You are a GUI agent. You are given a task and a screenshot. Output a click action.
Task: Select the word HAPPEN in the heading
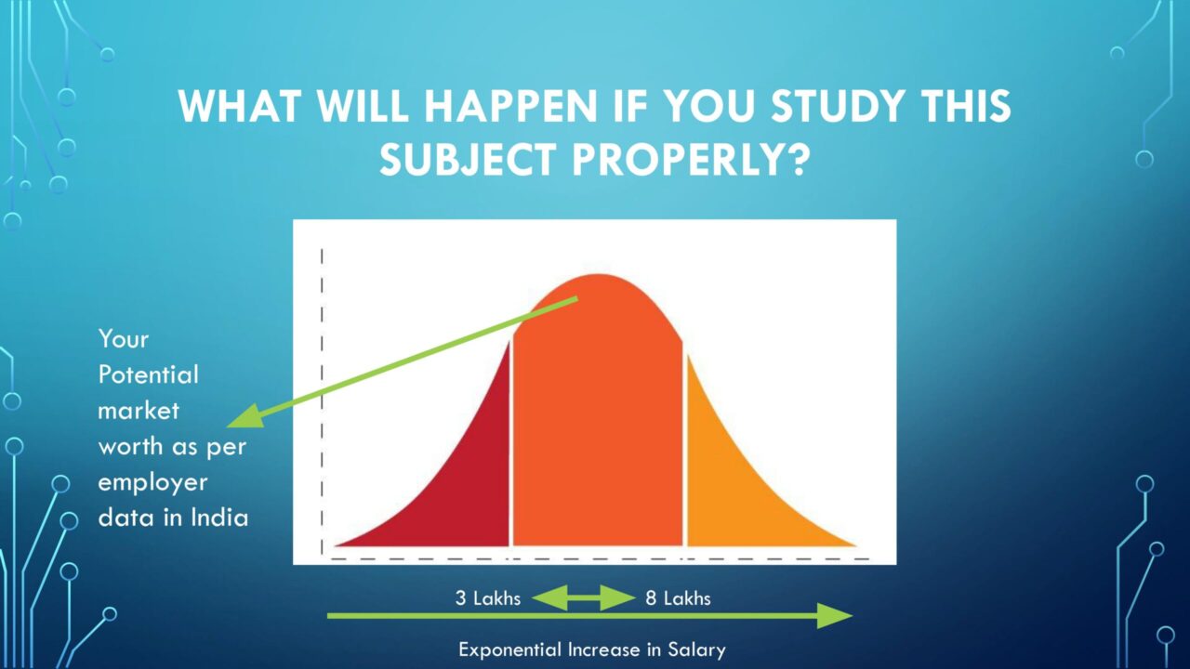pyautogui.click(x=510, y=106)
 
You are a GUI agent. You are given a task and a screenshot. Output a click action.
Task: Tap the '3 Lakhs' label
pyautogui.click(x=488, y=598)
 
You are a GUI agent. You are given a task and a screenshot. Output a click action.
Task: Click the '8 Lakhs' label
pyautogui.click(x=678, y=598)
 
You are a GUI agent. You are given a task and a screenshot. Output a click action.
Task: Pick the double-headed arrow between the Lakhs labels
pyautogui.click(x=583, y=597)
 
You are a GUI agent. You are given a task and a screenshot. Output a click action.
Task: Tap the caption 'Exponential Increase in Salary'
pyautogui.click(x=592, y=649)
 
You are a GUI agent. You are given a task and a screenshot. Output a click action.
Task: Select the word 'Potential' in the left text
pyautogui.click(x=148, y=374)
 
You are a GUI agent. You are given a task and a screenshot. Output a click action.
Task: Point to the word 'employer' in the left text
pyautogui.click(x=152, y=482)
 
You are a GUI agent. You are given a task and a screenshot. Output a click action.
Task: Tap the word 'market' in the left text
pyautogui.click(x=139, y=411)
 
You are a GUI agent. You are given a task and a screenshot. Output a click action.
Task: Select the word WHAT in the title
pyautogui.click(x=240, y=106)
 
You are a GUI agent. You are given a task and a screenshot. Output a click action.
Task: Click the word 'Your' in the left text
pyautogui.click(x=124, y=339)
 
